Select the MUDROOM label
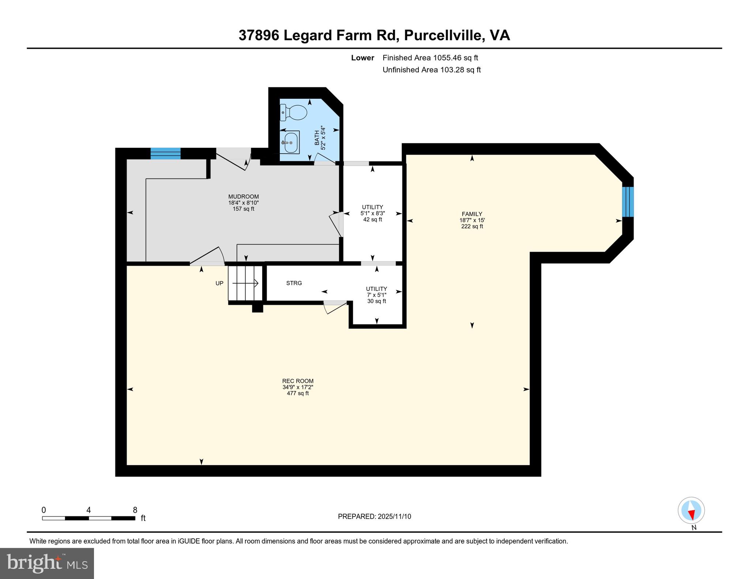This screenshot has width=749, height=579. tap(244, 196)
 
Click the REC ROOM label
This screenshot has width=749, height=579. tap(298, 381)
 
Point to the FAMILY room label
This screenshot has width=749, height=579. tap(472, 214)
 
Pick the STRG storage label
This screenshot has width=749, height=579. tap(294, 283)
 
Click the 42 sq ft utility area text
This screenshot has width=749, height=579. tap(373, 219)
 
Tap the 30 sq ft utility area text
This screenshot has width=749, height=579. tap(377, 301)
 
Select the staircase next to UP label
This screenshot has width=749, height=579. tap(245, 283)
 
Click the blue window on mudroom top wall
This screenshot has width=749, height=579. tap(166, 153)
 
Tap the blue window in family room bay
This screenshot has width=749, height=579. tap(628, 202)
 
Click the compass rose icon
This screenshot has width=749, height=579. tap(691, 511)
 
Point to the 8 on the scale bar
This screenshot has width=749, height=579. tap(135, 510)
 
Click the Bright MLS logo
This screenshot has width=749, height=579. tap(47, 563)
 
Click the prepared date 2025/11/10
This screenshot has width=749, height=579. tap(394, 516)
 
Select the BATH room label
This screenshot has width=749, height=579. tap(317, 138)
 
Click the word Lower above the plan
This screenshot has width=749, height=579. tap(362, 58)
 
